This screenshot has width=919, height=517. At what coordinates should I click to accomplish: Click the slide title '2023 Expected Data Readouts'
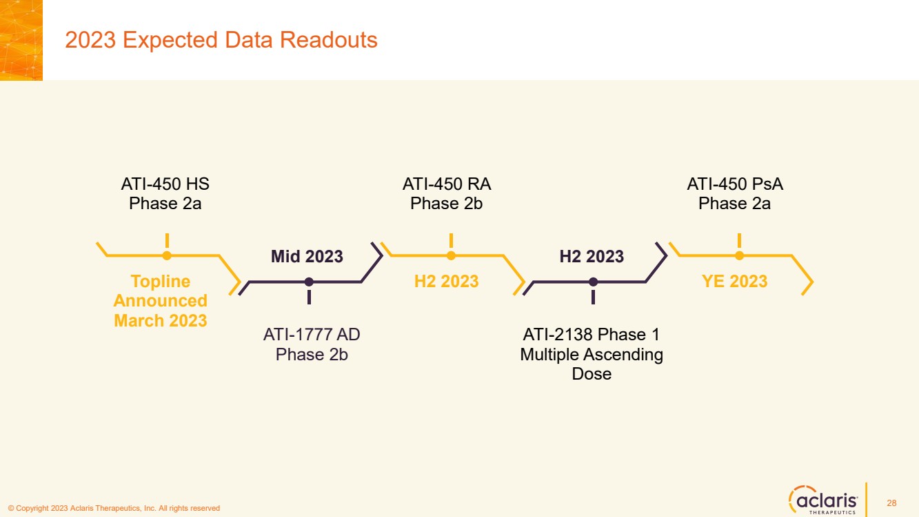221,40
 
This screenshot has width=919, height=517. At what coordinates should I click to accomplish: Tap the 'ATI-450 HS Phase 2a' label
165,193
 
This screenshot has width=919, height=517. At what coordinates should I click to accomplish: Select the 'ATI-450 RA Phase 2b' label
446,193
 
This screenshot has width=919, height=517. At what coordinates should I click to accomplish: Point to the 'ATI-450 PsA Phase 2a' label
735,193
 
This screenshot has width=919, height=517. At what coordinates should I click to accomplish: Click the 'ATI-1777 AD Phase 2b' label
312,344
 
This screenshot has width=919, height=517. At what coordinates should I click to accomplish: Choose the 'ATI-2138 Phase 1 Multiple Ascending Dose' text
592,354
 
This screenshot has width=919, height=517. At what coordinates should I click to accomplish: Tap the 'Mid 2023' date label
307,256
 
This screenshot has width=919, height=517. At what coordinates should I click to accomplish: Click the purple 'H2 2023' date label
592,256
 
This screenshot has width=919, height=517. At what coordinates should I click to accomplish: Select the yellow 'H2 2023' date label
446,282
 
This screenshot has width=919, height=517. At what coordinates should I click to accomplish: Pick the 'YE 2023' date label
734,282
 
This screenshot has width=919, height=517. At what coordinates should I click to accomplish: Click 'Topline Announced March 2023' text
161,301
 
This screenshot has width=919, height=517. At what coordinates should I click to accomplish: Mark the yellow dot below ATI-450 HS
167,255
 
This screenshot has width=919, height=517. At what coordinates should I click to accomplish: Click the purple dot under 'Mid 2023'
309,282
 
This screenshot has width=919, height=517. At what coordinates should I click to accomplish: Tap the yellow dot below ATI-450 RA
451,255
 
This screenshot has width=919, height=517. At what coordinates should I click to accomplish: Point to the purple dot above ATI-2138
593,282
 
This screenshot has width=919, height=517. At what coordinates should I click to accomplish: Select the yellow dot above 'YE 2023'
739,255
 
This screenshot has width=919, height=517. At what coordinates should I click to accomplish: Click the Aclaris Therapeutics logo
823,500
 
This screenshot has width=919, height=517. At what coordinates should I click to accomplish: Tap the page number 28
891,503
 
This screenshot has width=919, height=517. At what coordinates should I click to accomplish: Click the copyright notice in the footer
114,509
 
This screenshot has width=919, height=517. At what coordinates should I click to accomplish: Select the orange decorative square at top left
21,40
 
